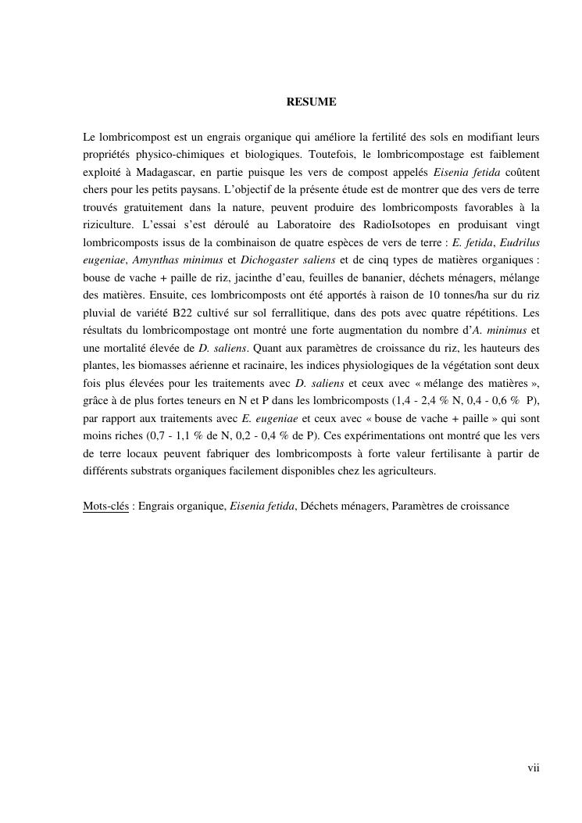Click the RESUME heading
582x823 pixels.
(311, 102)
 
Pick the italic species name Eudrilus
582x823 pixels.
(520, 243)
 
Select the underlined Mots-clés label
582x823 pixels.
(105, 506)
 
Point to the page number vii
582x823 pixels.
(533, 768)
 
